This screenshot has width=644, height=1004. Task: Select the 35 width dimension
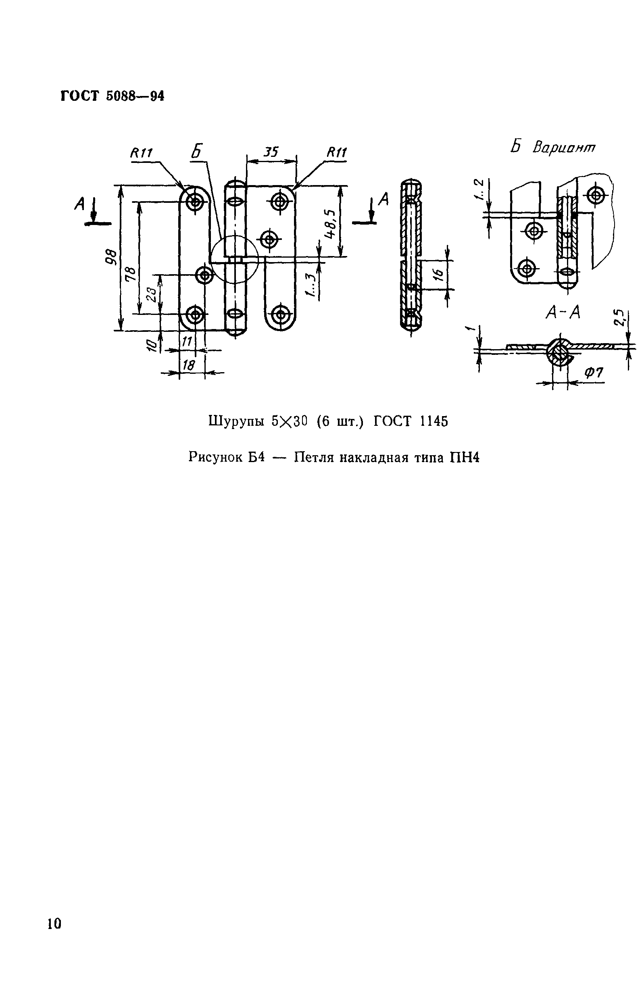[x=271, y=151]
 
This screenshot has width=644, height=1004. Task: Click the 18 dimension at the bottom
[x=189, y=365]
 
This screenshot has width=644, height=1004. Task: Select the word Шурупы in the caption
[x=236, y=421]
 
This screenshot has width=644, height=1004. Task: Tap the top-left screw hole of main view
[x=195, y=202]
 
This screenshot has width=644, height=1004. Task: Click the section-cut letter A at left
[x=79, y=204]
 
